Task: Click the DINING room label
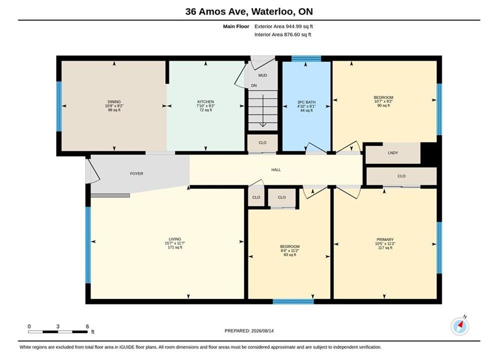pyautogui.click(x=114, y=102)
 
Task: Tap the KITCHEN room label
pyautogui.click(x=206, y=102)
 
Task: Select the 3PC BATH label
pyautogui.click(x=306, y=102)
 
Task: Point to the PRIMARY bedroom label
pyautogui.click(x=385, y=239)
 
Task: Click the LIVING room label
pyautogui.click(x=175, y=239)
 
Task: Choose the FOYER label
pyautogui.click(x=137, y=173)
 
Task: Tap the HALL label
pyautogui.click(x=276, y=169)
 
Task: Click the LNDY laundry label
pyautogui.click(x=393, y=152)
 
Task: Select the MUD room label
pyautogui.click(x=263, y=75)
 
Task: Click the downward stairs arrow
pyautogui.click(x=263, y=110)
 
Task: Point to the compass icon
pyautogui.click(x=459, y=326)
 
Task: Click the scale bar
pyautogui.click(x=58, y=332)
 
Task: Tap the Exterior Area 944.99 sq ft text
pyautogui.click(x=284, y=26)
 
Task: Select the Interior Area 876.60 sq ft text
pyautogui.click(x=283, y=34)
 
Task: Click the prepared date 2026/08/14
pyautogui.click(x=262, y=330)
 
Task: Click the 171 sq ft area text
pyautogui.click(x=175, y=247)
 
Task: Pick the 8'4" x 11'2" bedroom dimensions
pyautogui.click(x=290, y=250)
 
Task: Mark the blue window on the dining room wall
pyautogui.click(x=59, y=106)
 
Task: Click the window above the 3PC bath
pyautogui.click(x=306, y=58)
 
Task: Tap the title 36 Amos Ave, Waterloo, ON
pyautogui.click(x=249, y=11)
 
